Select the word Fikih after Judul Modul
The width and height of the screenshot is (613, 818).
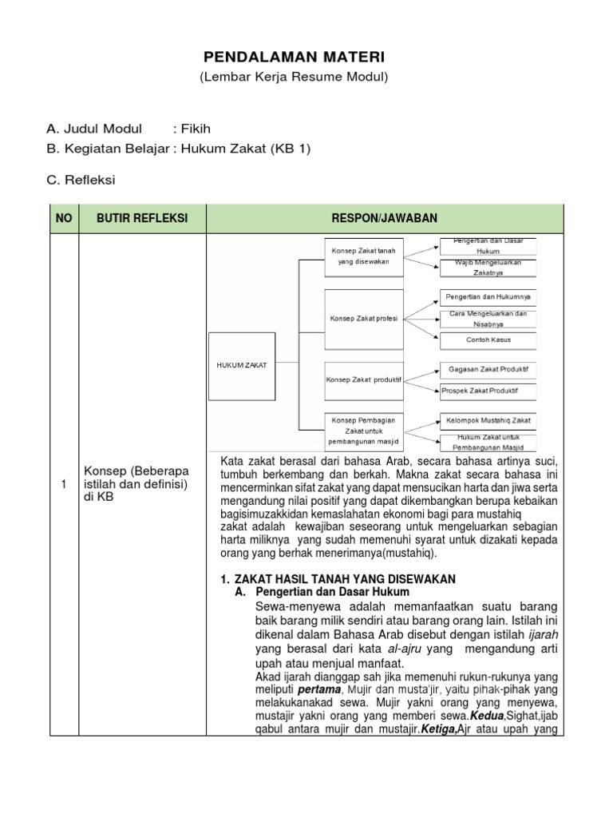[196, 129]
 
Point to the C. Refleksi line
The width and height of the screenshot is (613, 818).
[81, 180]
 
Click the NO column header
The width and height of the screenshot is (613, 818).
[63, 218]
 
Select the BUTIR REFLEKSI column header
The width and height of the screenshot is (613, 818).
[141, 218]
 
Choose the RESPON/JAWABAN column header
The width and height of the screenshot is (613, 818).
[385, 218]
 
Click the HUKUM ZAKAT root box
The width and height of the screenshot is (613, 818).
[241, 365]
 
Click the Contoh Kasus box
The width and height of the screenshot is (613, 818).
[488, 340]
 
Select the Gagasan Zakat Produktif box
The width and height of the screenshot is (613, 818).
[488, 369]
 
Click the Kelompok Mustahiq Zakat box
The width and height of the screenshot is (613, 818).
[488, 419]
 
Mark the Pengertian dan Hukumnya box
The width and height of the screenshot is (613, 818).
[488, 297]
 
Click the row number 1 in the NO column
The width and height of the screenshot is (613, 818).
[63, 485]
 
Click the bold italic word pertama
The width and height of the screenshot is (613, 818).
[320, 689]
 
